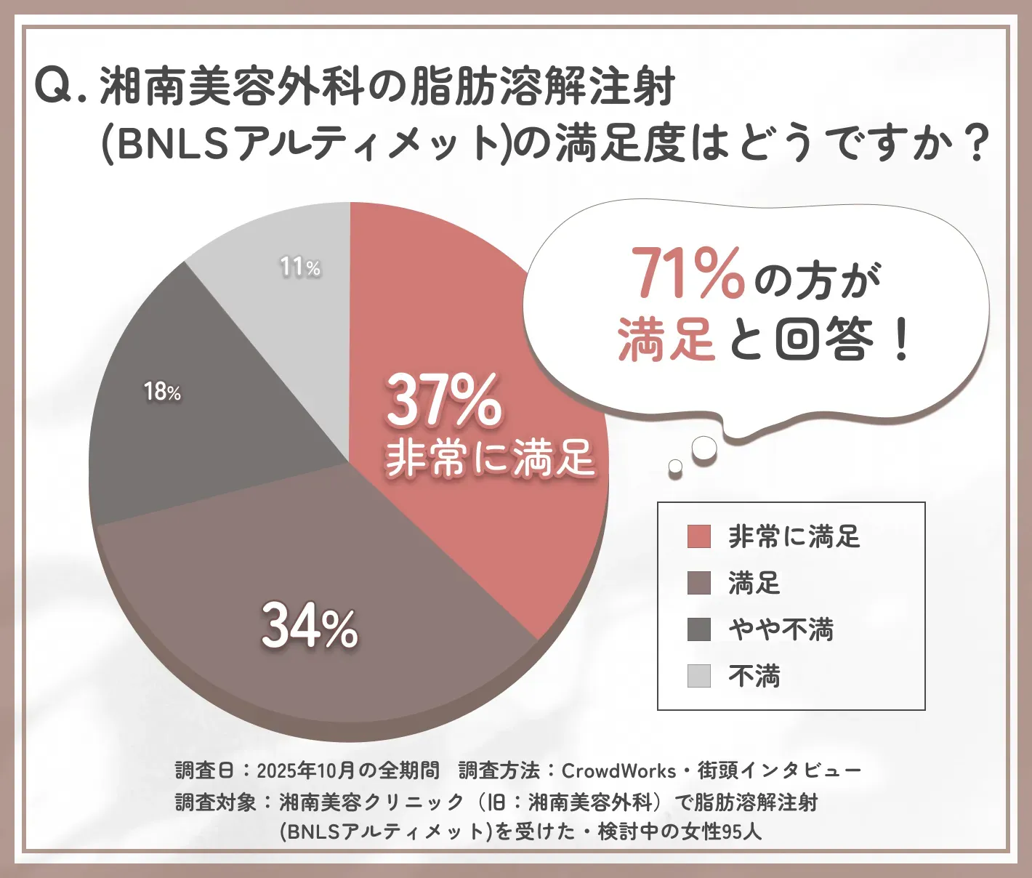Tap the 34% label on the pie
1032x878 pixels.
(x=310, y=627)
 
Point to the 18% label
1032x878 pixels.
(x=162, y=392)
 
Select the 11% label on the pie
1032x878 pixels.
(x=300, y=267)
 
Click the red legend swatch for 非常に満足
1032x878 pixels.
(x=698, y=536)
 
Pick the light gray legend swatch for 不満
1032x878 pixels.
(x=698, y=676)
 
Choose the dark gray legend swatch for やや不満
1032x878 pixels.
(x=698, y=629)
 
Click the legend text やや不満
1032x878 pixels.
(x=781, y=629)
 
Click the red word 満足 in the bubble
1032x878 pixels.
(x=666, y=339)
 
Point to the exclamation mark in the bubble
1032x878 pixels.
(x=901, y=341)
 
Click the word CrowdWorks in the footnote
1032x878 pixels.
(x=618, y=770)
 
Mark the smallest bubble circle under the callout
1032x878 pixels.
(x=675, y=465)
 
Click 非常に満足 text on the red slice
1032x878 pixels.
(x=490, y=459)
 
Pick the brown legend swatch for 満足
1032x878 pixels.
(x=698, y=583)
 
